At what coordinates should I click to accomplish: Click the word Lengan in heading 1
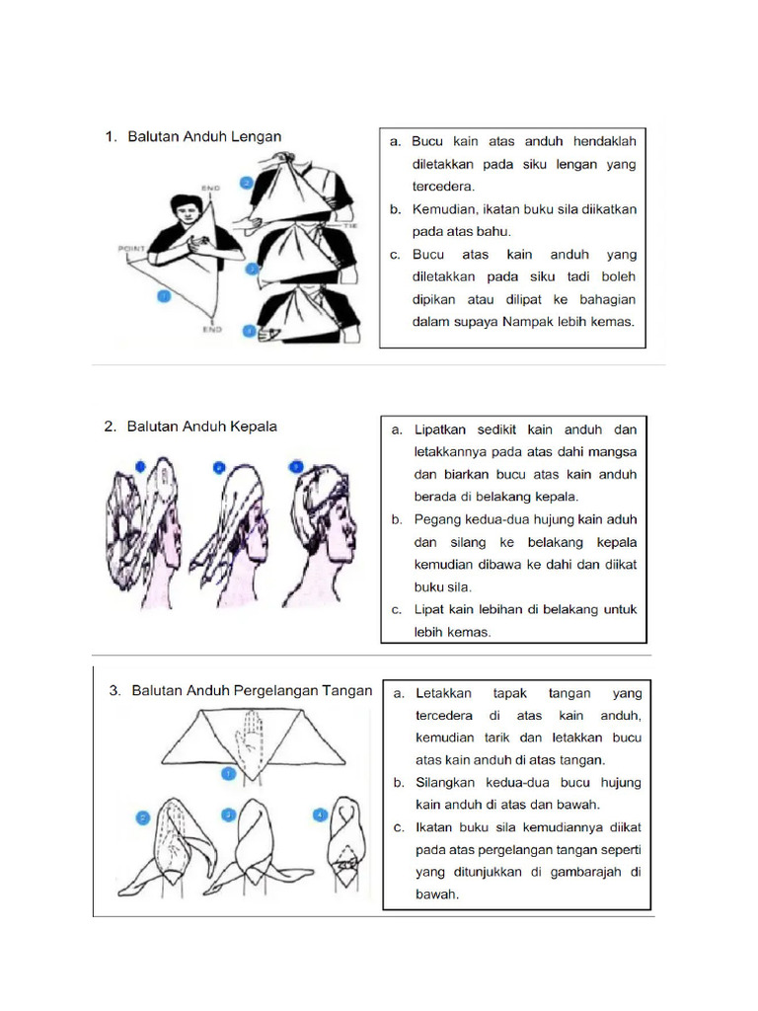254,137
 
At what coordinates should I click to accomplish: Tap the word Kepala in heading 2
251,427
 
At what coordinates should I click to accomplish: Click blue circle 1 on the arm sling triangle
164,295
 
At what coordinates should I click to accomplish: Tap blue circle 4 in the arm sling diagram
252,332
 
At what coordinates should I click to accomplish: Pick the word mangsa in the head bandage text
615,451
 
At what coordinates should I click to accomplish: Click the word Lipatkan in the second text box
441,429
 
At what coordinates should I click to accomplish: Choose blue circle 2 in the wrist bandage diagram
143,817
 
